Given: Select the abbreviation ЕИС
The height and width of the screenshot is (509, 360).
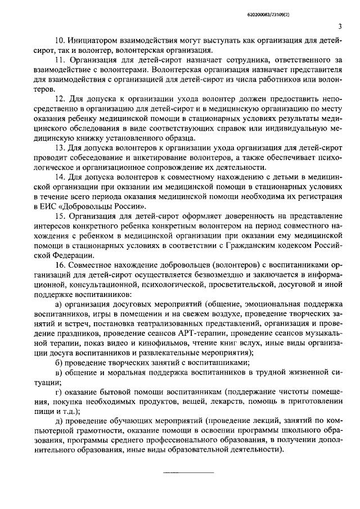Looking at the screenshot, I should [x=49, y=206].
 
